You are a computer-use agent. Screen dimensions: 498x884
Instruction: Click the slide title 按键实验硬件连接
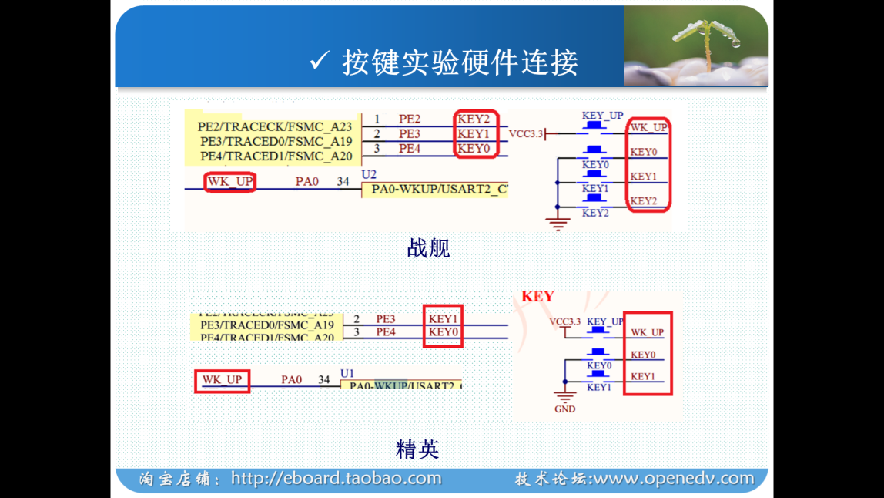pos(460,62)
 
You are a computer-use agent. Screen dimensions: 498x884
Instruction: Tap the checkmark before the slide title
pos(319,61)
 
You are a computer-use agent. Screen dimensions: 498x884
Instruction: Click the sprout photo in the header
pos(695,46)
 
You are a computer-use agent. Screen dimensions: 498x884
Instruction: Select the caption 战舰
pos(428,247)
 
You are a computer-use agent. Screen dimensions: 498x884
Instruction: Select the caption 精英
pos(417,448)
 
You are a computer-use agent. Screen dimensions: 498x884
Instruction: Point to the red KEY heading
pos(537,297)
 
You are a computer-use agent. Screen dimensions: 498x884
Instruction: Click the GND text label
pos(564,409)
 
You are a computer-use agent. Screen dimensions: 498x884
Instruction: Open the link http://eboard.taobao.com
pos(336,479)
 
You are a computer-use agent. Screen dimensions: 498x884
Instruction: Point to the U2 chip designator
pos(369,175)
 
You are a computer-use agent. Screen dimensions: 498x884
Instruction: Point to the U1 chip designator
pos(347,373)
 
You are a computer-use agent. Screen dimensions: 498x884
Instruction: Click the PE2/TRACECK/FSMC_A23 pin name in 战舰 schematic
pos(275,126)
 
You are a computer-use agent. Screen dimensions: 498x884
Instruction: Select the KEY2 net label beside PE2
pos(474,119)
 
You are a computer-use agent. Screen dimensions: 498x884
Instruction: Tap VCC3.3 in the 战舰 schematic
pos(525,133)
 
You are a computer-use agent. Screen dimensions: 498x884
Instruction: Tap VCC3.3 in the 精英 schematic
pos(564,321)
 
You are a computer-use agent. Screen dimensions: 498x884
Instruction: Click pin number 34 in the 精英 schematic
pos(324,379)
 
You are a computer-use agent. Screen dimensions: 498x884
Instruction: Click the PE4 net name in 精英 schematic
pos(386,332)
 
